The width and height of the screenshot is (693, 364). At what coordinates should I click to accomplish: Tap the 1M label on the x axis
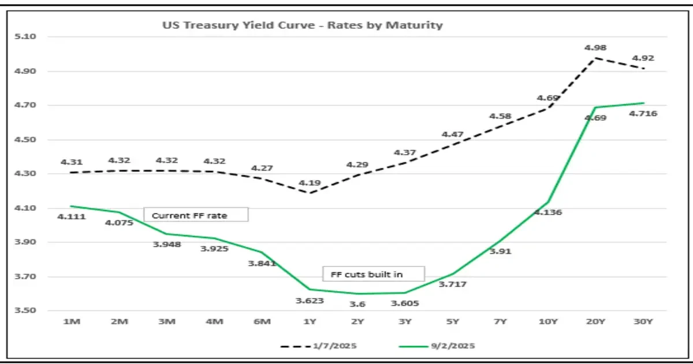click(x=70, y=321)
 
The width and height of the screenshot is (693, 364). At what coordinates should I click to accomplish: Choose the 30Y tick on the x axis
click(x=643, y=321)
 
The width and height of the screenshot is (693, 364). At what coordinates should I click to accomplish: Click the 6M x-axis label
click(x=261, y=321)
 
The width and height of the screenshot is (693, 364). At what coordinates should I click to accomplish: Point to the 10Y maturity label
click(x=547, y=321)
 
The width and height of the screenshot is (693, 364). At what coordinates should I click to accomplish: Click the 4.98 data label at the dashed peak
click(x=595, y=47)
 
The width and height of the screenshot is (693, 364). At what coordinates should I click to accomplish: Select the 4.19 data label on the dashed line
click(x=309, y=183)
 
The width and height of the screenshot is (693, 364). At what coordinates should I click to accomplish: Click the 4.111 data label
click(x=71, y=217)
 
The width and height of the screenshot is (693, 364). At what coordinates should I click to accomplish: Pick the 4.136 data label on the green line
click(x=548, y=212)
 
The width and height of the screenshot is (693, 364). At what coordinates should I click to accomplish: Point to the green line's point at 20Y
click(x=595, y=107)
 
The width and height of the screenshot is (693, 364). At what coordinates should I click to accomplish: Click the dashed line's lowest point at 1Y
click(x=309, y=193)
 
